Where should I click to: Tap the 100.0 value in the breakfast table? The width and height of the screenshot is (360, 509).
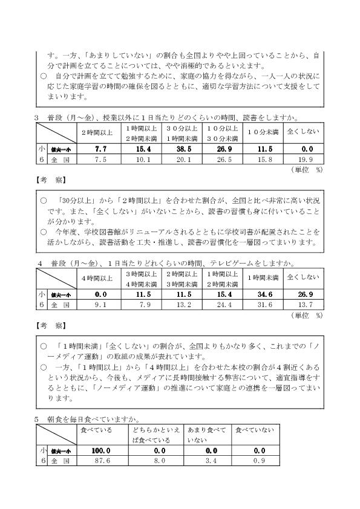click(x=100, y=451)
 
